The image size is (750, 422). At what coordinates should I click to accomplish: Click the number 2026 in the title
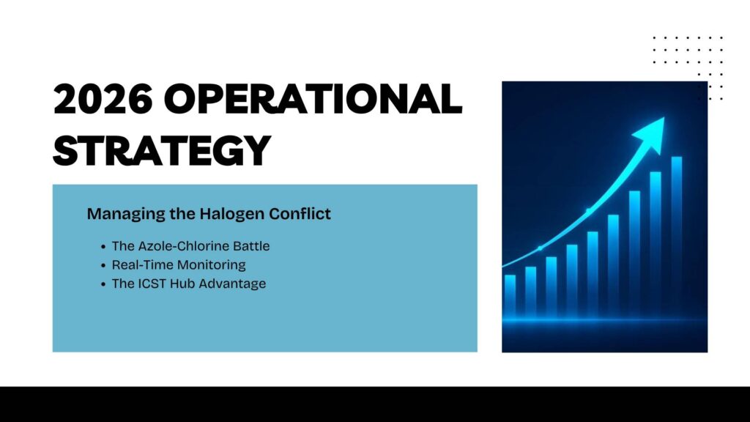[103, 99]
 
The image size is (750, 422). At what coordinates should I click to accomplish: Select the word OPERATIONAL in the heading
[313, 99]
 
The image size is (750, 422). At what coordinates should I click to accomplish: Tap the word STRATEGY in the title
[162, 149]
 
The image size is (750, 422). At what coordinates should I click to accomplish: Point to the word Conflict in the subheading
[300, 213]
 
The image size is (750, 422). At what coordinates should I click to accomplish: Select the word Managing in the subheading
[126, 214]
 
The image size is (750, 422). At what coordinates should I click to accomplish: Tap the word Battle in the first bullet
[251, 246]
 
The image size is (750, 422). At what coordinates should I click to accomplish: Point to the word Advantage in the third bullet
[232, 284]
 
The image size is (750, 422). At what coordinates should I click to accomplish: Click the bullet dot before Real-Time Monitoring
[103, 266]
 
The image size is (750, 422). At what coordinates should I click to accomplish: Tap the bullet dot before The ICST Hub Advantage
[103, 285]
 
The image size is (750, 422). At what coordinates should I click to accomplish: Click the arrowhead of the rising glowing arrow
[650, 133]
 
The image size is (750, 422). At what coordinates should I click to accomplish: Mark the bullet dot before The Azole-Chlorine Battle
[103, 247]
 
